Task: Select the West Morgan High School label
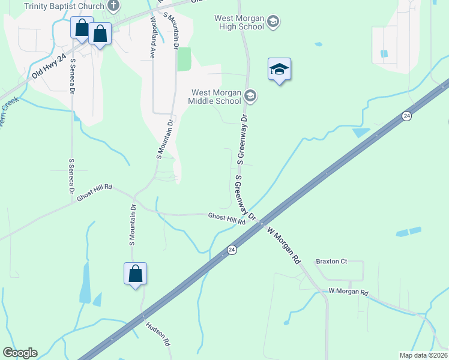[240, 22]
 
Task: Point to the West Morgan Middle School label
[216, 97]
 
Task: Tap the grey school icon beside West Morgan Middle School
[250, 96]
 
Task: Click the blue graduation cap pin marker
[279, 70]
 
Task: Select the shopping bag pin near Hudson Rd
[136, 274]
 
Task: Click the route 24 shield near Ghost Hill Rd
[232, 249]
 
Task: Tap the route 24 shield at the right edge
[407, 115]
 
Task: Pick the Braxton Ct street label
[331, 262]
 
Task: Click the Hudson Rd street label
[158, 334]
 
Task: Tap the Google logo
[20, 353]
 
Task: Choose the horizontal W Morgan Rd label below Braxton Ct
[348, 292]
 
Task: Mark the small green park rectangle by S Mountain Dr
[184, 59]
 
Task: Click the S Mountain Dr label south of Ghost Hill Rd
[133, 226]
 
